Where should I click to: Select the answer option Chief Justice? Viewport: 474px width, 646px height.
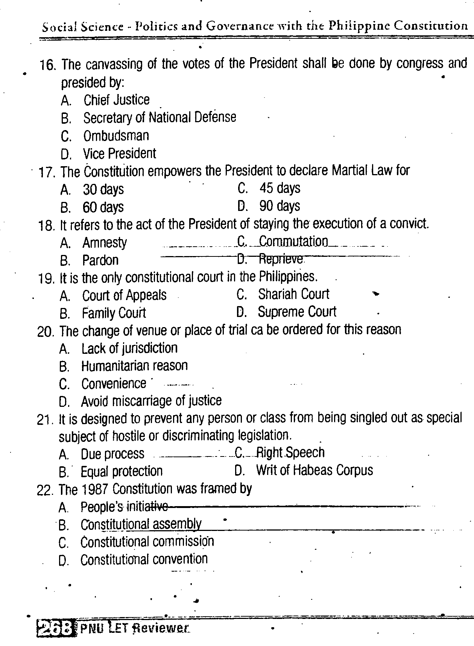(x=116, y=100)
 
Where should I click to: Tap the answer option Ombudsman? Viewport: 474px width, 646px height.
(x=116, y=136)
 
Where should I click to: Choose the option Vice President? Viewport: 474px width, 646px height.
(x=119, y=153)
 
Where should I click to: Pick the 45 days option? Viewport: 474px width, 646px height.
(x=280, y=188)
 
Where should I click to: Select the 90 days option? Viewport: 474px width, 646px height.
(x=280, y=206)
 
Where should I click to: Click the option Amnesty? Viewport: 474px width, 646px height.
(x=105, y=243)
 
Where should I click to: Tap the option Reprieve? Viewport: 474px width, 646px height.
(x=281, y=259)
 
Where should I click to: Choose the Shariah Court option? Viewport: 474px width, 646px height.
(x=293, y=294)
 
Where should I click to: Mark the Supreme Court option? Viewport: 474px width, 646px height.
(x=297, y=312)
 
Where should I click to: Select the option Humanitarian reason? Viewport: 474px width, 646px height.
(x=134, y=366)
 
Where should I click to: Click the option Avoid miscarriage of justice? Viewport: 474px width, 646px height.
(x=151, y=401)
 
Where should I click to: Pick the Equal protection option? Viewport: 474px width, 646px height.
(x=122, y=471)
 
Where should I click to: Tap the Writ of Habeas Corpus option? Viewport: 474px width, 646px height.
(x=314, y=470)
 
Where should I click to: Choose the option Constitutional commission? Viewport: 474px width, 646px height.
(x=147, y=542)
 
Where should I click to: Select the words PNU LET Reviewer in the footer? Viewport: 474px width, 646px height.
(x=134, y=628)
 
